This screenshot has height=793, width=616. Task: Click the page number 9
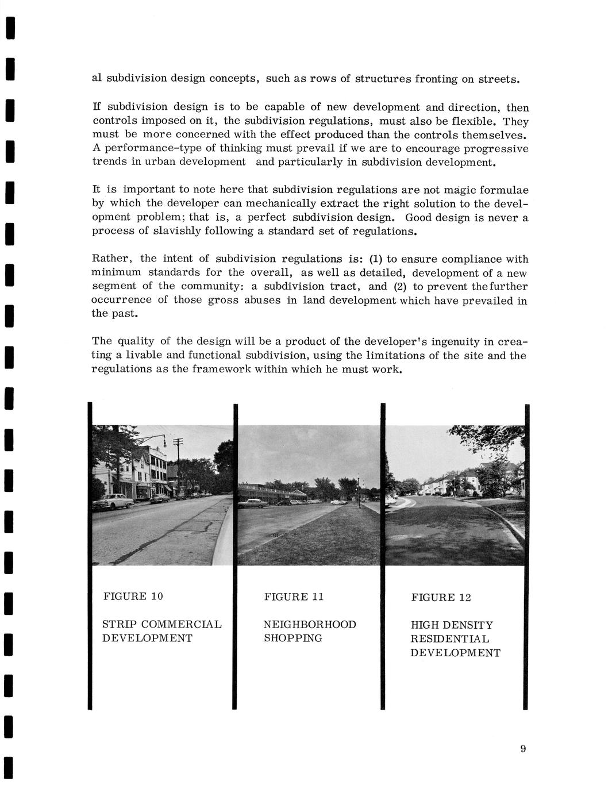pos(523,748)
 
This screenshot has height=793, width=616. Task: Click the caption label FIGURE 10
pos(133,596)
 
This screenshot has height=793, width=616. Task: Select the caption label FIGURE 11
pos(294,596)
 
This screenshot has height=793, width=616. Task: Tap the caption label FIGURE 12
pos(441,597)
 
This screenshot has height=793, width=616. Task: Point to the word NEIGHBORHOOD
pos(310,624)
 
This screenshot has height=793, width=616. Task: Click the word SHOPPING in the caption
pos(292,638)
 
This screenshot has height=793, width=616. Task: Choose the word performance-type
pos(146,148)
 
